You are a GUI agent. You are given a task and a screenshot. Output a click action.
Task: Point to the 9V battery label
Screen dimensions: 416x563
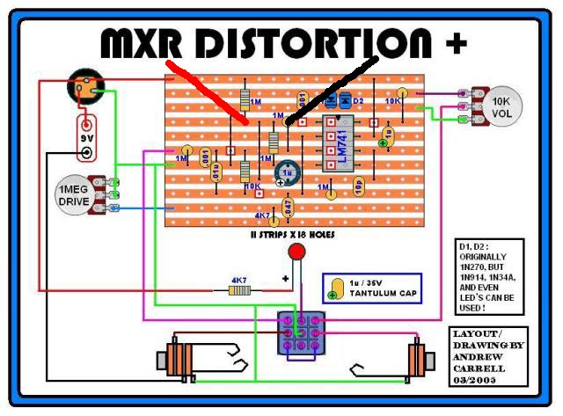(85, 137)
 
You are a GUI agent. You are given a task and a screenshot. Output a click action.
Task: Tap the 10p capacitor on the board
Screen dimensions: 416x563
(359, 185)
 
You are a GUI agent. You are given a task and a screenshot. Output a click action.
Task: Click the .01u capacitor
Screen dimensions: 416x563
(216, 172)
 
